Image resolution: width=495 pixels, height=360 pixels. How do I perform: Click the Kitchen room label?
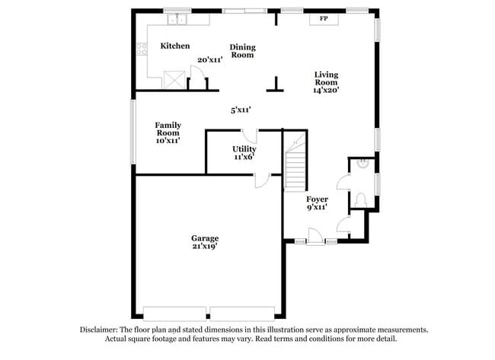click(x=174, y=46)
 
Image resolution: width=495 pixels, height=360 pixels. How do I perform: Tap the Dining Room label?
click(x=242, y=51)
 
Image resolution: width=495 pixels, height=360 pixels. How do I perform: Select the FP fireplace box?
click(x=324, y=18)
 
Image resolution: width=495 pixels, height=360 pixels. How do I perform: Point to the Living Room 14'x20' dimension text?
click(x=325, y=90)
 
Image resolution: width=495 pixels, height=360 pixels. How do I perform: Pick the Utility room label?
click(x=244, y=149)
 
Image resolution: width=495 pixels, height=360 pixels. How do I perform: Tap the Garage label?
click(x=205, y=238)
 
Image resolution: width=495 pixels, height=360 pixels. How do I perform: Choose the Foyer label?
click(x=317, y=199)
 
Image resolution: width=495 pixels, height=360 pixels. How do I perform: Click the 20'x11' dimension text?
click(x=209, y=59)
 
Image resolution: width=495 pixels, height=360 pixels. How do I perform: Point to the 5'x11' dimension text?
click(x=241, y=110)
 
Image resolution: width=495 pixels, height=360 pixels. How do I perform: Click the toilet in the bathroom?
click(x=362, y=199)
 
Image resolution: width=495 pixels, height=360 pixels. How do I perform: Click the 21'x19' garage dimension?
click(x=205, y=247)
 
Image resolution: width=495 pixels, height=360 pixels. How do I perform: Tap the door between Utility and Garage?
click(x=262, y=180)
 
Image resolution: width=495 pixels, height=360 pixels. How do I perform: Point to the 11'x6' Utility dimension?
click(x=244, y=157)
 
